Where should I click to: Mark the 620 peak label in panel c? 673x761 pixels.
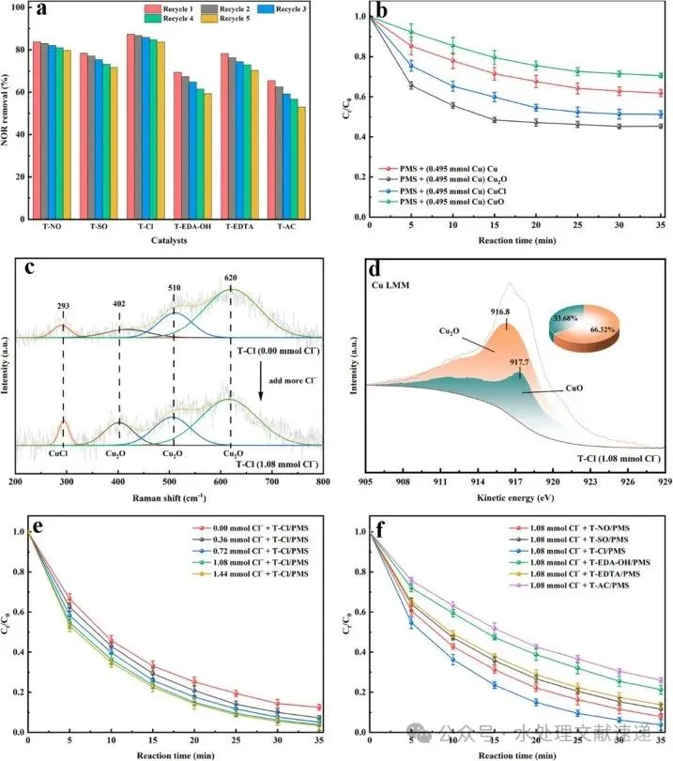coord(231,278)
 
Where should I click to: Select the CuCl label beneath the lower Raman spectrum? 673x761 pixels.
coord(62,453)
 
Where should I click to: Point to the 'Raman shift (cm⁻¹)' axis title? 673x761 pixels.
coord(169,496)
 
